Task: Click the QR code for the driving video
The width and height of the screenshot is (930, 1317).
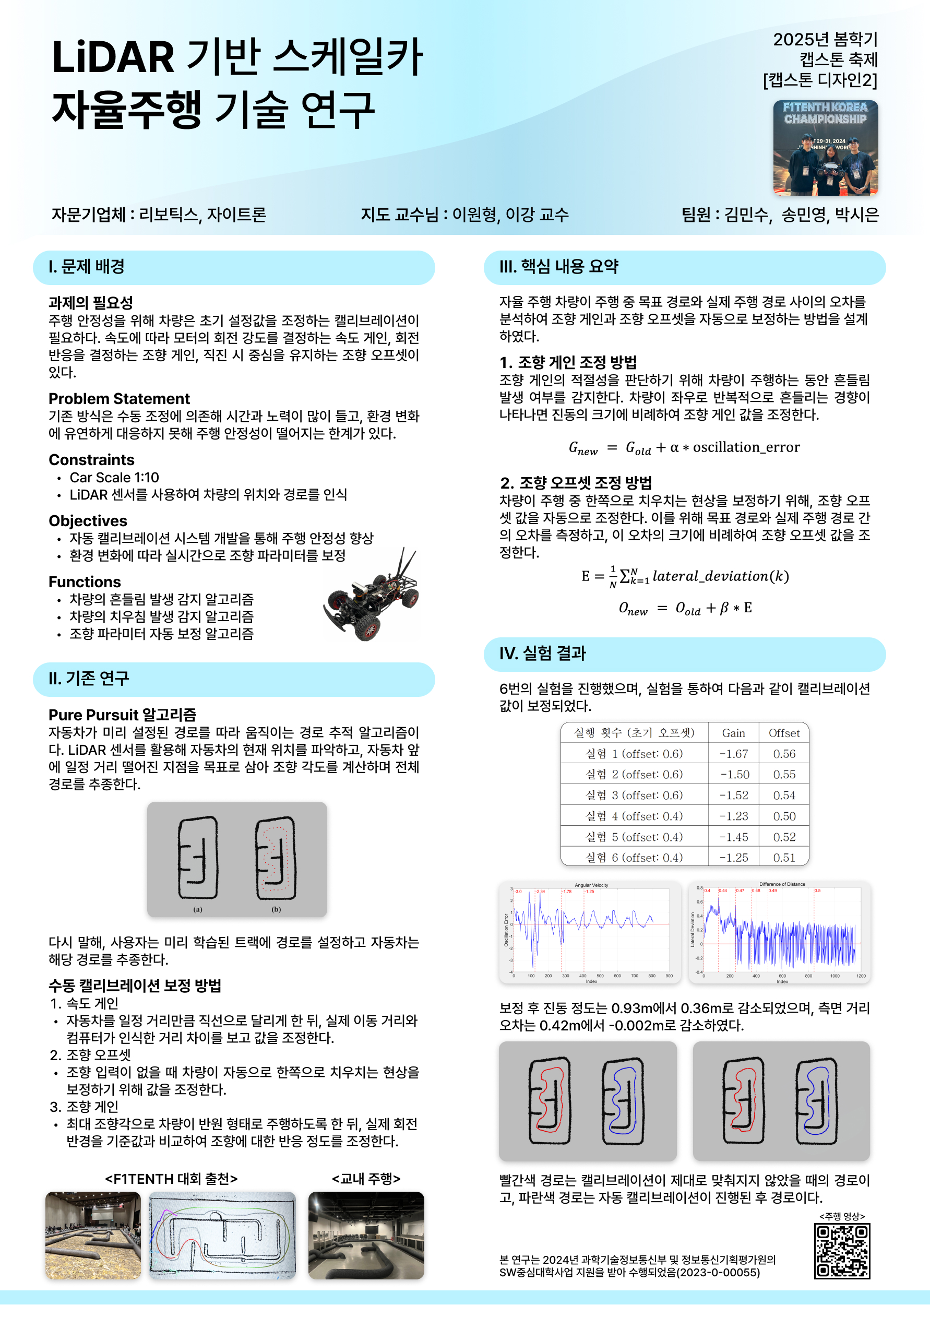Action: tap(842, 1251)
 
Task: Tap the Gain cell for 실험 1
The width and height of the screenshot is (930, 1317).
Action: tap(733, 754)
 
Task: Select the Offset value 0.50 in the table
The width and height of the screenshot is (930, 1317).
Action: tap(784, 816)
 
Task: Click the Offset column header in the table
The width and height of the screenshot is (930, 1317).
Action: tap(784, 733)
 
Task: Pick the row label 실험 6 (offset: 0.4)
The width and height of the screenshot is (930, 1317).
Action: tap(634, 858)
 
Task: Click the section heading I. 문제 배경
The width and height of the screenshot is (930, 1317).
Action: tap(87, 267)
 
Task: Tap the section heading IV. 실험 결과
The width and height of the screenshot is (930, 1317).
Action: tap(542, 654)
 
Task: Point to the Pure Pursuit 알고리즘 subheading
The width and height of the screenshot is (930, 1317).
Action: tap(122, 715)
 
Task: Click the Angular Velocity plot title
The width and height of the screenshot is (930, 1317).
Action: tap(591, 885)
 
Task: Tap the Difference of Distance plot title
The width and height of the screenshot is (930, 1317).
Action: tap(782, 884)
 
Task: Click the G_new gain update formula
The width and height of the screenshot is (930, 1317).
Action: tap(684, 447)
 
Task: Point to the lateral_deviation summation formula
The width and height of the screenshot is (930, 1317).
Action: tap(685, 576)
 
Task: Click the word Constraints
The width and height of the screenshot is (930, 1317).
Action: tap(92, 460)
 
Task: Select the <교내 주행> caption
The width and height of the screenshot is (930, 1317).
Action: tap(366, 1179)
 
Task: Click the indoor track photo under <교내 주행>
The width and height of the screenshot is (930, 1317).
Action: tap(366, 1235)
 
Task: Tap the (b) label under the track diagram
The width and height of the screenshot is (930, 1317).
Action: tap(277, 909)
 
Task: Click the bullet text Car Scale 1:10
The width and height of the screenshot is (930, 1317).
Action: tap(114, 478)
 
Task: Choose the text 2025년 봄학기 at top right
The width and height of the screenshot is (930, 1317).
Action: tap(825, 40)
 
